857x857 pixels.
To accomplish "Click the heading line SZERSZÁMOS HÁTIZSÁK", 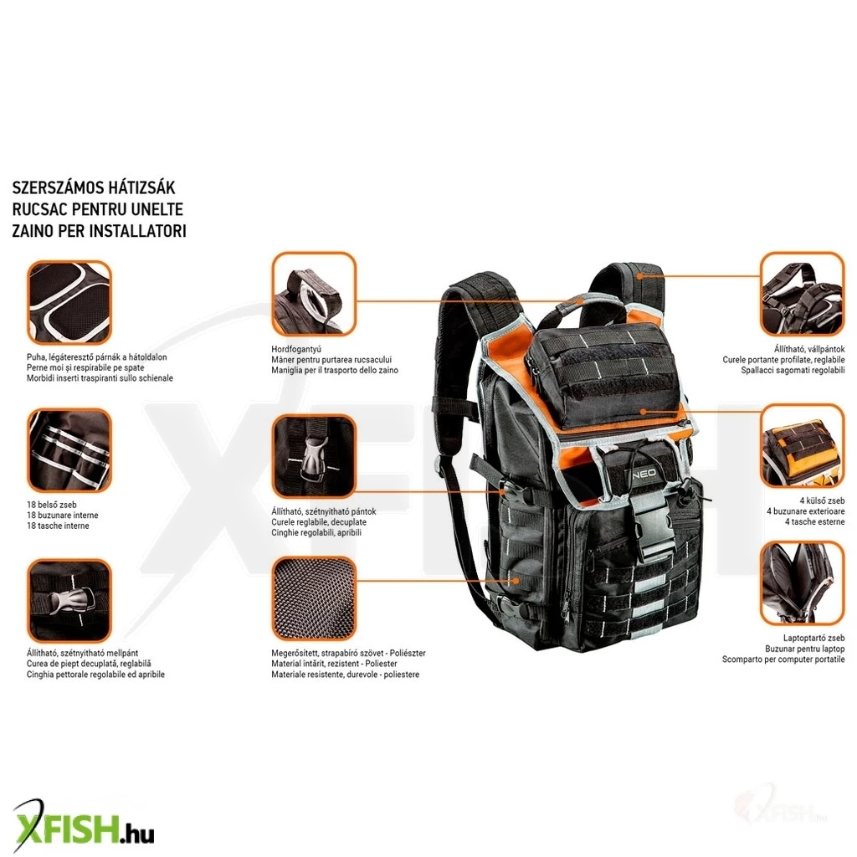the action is (x=94, y=187).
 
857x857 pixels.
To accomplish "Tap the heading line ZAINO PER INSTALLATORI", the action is (x=99, y=231).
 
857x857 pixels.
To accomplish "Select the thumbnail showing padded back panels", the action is (x=69, y=302).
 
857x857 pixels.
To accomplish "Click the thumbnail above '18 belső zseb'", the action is (x=69, y=450).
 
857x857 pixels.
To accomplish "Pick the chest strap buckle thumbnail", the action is (x=69, y=601).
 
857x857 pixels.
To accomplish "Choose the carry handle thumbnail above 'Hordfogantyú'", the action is (x=314, y=294).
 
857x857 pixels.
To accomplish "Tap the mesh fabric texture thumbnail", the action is (x=314, y=598).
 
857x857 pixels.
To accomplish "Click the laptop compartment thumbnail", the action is (x=803, y=582).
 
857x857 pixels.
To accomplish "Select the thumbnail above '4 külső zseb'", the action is (x=803, y=446).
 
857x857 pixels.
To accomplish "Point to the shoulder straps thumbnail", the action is (x=803, y=294).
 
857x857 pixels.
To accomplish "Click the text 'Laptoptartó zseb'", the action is (x=813, y=638).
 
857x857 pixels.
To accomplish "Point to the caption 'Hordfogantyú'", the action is (x=296, y=349).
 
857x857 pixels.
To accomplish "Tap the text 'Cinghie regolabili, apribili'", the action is (x=316, y=532).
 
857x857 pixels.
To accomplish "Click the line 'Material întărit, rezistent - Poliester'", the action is (x=335, y=664).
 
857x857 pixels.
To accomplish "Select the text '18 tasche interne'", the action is (x=58, y=526).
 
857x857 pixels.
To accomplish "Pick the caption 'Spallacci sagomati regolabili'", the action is (x=793, y=370).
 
